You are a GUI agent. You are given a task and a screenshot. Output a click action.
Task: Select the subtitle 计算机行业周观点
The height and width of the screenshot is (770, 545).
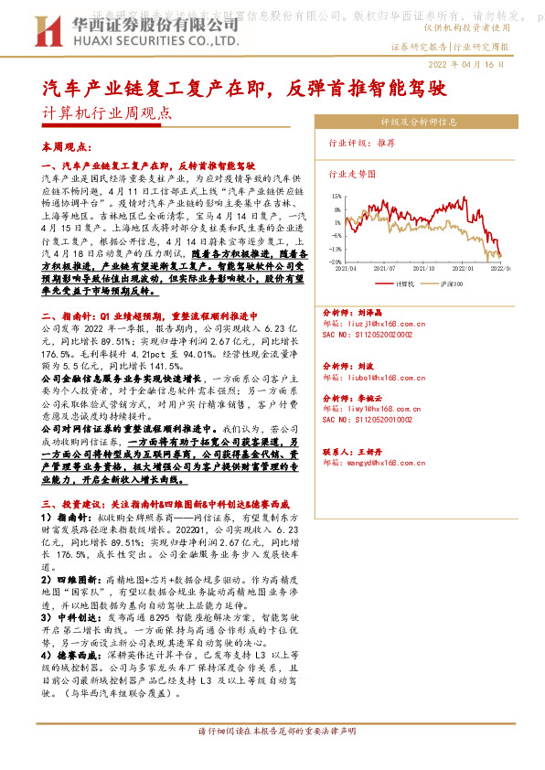pyautogui.click(x=106, y=114)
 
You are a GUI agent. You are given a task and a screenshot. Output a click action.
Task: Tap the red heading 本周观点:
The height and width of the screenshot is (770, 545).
pyautogui.click(x=63, y=146)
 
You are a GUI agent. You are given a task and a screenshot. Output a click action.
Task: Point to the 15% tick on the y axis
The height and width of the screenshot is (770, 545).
pyautogui.click(x=337, y=196)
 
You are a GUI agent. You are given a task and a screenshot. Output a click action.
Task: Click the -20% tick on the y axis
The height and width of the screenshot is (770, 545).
pyautogui.click(x=336, y=260)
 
